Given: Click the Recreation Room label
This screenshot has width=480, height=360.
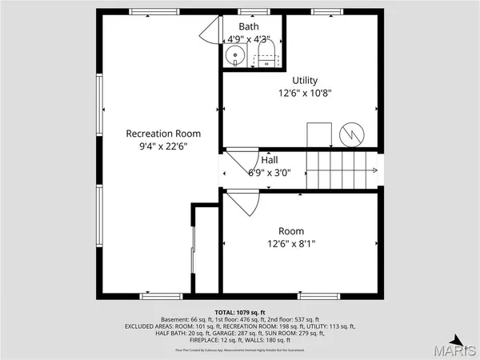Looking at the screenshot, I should point(163,134).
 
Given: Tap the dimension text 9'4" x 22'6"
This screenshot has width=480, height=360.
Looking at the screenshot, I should point(163,146).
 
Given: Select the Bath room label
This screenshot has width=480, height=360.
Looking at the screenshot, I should point(249,26).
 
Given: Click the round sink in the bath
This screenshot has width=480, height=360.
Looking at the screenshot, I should point(234,56).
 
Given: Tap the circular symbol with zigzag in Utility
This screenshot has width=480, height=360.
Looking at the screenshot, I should point(351,134).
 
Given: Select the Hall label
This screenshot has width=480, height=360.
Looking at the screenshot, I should point(269,160).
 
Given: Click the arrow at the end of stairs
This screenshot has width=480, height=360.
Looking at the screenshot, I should point(374,170).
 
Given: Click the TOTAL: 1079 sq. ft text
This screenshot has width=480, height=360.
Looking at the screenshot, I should point(239,311).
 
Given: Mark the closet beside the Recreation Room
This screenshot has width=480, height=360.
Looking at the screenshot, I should point(206,248).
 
